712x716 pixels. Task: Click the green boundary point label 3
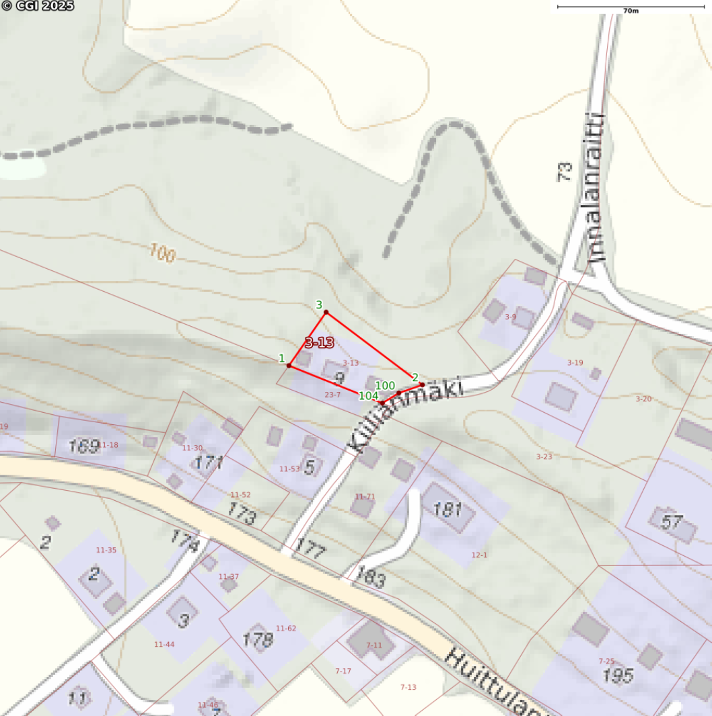pos(319,305)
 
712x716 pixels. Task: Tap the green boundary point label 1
pos(282,358)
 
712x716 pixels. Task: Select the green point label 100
pos(385,385)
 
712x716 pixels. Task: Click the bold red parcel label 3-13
pos(319,343)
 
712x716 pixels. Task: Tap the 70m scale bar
pos(630,7)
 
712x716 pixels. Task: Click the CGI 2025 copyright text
pos(37,6)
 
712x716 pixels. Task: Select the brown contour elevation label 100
pos(163,253)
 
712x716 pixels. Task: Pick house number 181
pos(448,510)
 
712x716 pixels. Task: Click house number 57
pos(672,522)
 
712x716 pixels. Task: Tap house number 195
pos(618,676)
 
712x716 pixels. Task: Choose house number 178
pos(257,639)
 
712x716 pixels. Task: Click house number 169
pos(84,446)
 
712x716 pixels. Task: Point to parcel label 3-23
pos(544,457)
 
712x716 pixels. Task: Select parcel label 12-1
pos(479,555)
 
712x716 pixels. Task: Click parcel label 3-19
pos(575,362)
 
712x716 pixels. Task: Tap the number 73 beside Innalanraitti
pos(565,171)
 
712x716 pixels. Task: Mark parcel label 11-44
pos(164,644)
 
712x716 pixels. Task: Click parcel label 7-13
pos(408,687)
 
